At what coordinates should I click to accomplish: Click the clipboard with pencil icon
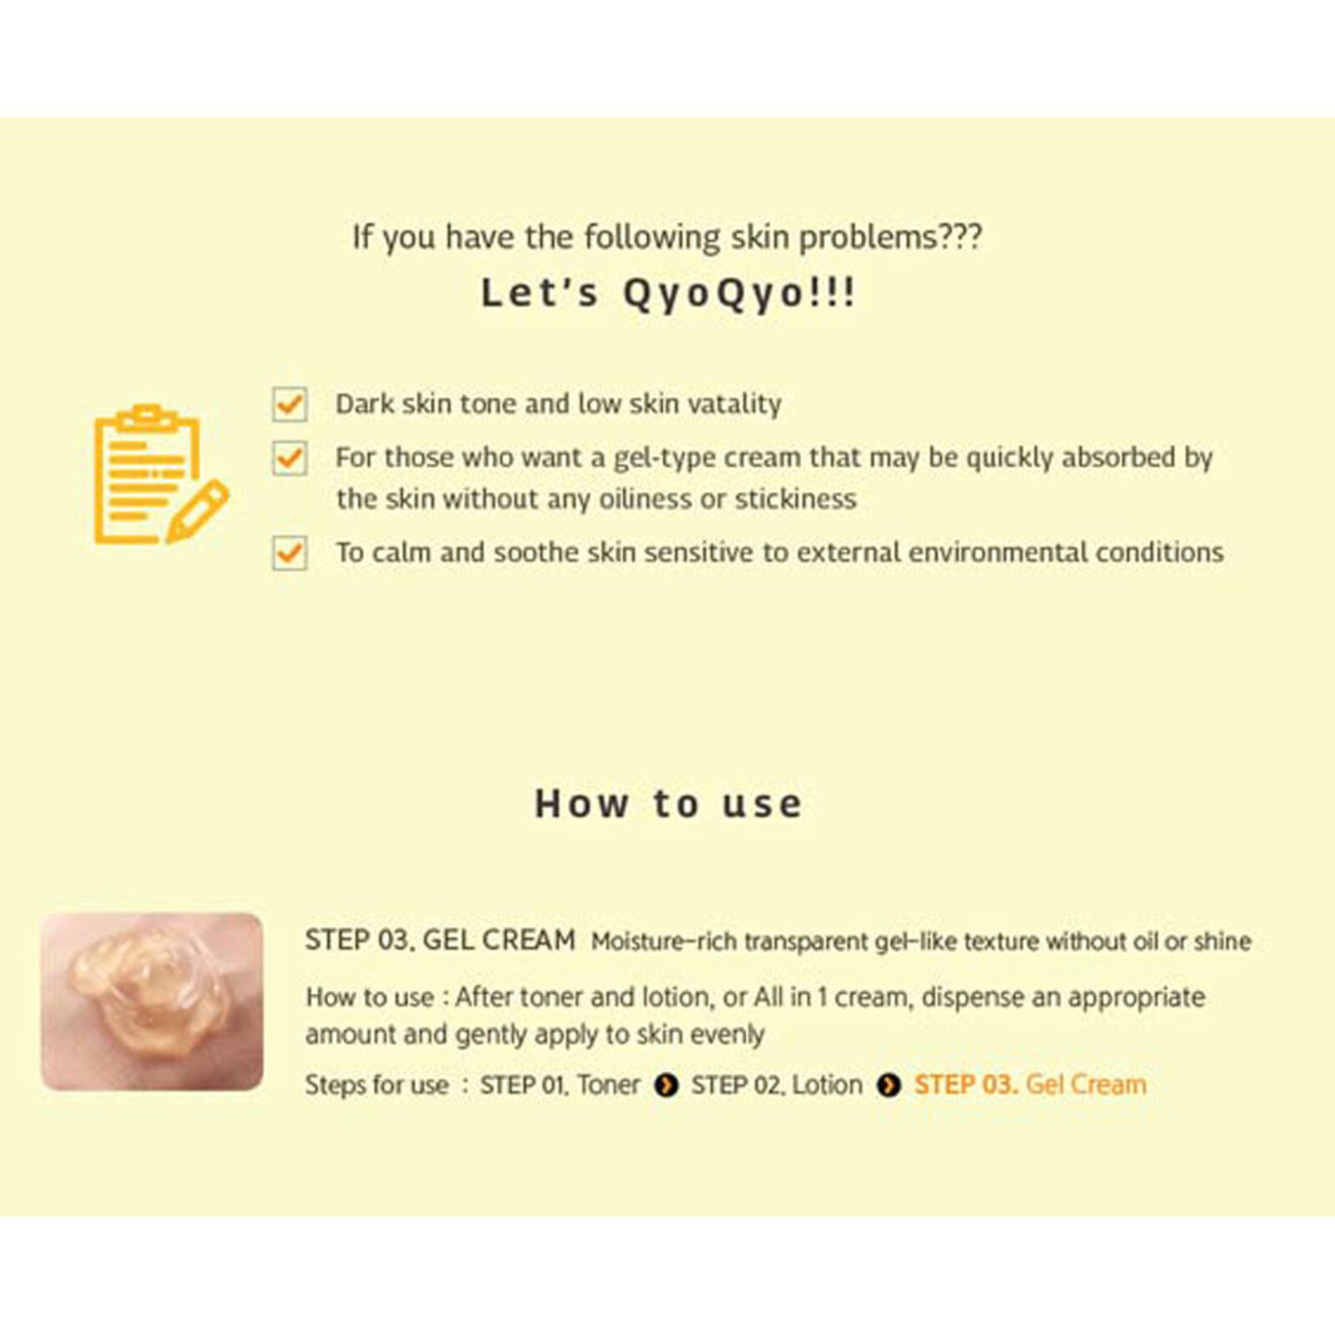coord(159,474)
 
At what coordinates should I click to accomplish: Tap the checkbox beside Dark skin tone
coord(290,405)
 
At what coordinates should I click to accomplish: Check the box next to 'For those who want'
coord(290,458)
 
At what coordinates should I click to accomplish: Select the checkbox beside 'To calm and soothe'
coord(290,553)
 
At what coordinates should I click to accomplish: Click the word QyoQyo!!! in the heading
coord(739,294)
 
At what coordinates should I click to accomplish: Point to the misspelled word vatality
coord(735,404)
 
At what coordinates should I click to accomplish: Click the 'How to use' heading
coord(667,804)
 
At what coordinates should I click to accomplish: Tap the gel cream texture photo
coord(152,1001)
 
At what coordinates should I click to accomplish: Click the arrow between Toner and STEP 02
coord(666,1086)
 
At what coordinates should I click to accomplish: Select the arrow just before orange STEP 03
coord(889,1086)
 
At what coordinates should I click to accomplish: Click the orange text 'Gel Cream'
coord(1086,1085)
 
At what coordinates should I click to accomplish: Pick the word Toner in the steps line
coord(608,1085)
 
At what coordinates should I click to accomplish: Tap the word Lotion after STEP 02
coord(827,1085)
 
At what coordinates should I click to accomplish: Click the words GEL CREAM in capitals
coord(499,940)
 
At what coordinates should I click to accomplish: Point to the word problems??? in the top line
coord(890,238)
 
